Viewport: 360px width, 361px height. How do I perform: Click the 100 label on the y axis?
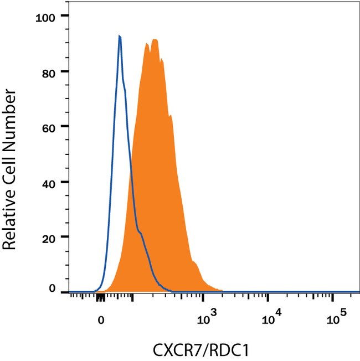[45, 17]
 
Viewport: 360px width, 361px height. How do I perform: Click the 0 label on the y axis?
[53, 288]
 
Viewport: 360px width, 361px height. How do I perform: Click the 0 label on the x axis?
[101, 320]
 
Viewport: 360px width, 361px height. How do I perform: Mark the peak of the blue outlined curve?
[120, 37]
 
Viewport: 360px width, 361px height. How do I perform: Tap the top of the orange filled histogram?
[155, 40]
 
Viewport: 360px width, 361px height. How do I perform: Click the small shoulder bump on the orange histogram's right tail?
[196, 265]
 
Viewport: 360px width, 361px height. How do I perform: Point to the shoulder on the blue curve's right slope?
[142, 234]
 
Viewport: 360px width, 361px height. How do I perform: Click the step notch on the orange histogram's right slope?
[171, 116]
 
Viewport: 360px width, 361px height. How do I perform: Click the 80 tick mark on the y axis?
[64, 71]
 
